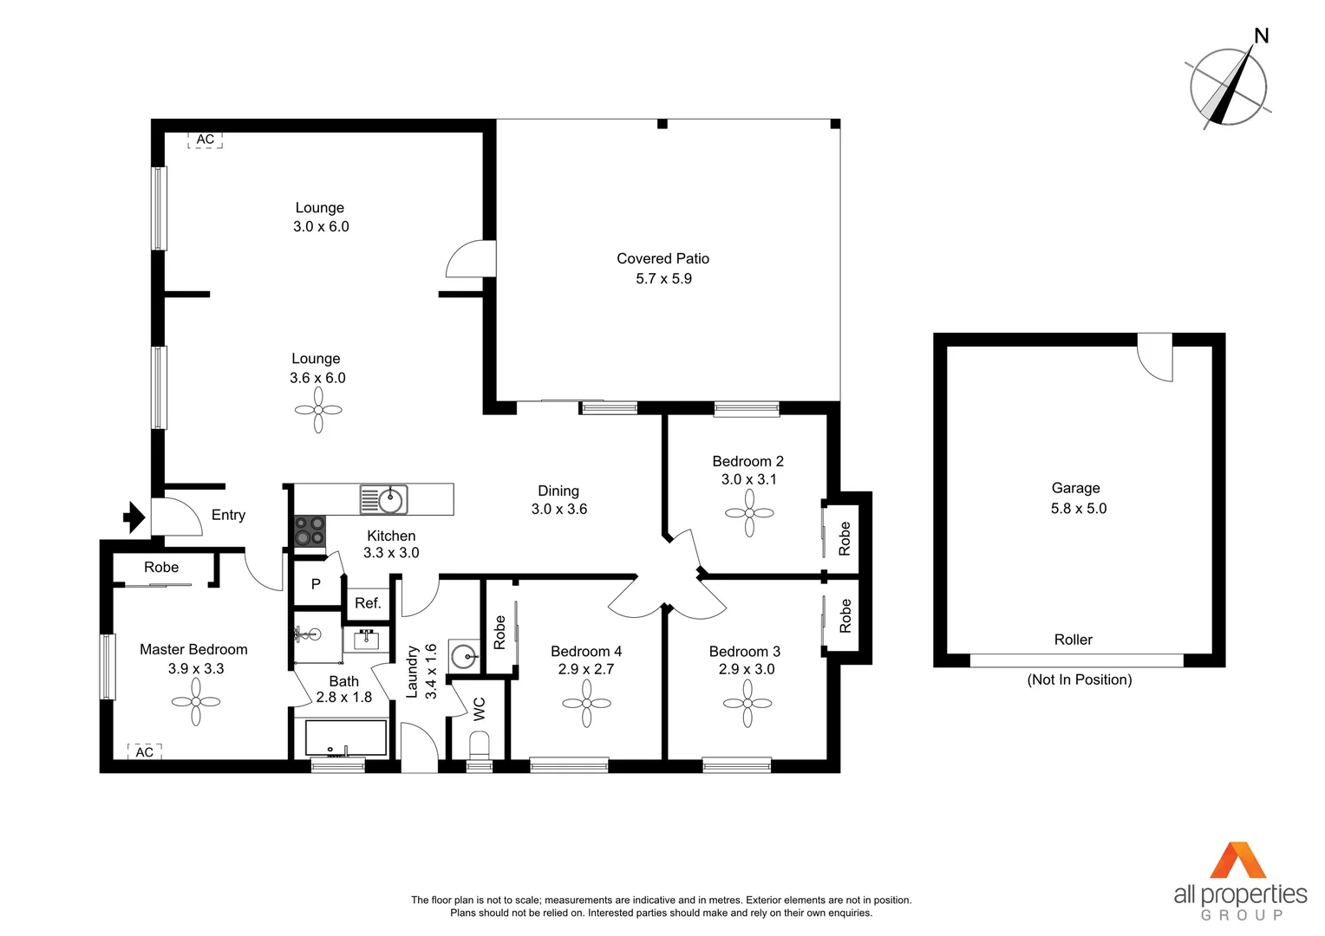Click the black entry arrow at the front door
point(134,517)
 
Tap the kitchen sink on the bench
point(384,499)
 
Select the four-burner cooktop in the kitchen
point(310,530)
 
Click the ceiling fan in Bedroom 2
point(749,513)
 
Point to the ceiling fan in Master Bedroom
point(196,701)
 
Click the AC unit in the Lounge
point(206,140)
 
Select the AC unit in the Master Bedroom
point(145,751)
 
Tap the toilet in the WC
point(479,744)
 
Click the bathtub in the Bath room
point(345,738)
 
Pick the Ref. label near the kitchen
point(368,603)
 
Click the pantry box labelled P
point(316,584)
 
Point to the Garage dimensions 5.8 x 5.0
point(1079,509)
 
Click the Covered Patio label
point(662,258)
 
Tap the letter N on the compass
point(1262,36)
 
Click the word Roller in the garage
point(1073,640)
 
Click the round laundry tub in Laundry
point(464,655)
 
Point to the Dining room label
point(558,491)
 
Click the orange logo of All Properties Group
point(1238,860)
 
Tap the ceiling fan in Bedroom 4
point(587,703)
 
